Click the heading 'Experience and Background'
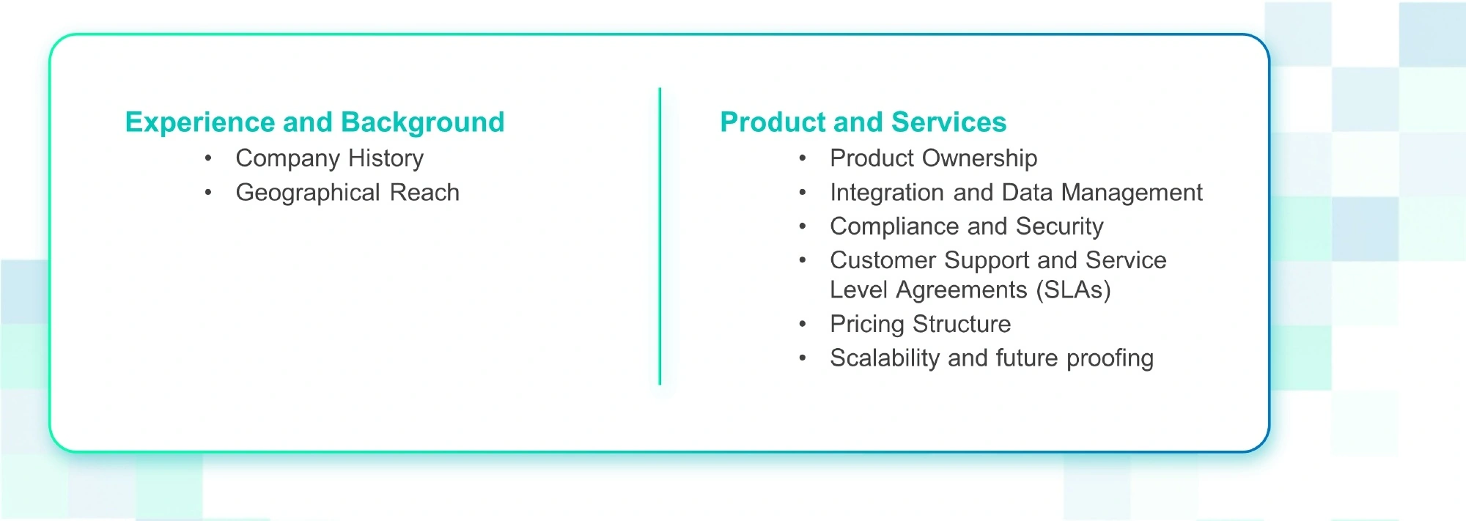314,122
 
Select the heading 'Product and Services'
863,122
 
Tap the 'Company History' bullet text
329,158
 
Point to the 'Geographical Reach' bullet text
347,193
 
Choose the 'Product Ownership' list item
933,158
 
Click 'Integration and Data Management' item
1016,193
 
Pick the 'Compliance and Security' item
966,226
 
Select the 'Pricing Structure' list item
920,324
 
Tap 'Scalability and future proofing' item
991,358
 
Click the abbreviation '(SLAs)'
1073,290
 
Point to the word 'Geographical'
308,193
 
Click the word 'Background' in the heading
422,122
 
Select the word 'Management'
1132,193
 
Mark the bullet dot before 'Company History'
209,158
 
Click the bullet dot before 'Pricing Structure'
803,324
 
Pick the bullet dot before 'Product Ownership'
803,158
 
